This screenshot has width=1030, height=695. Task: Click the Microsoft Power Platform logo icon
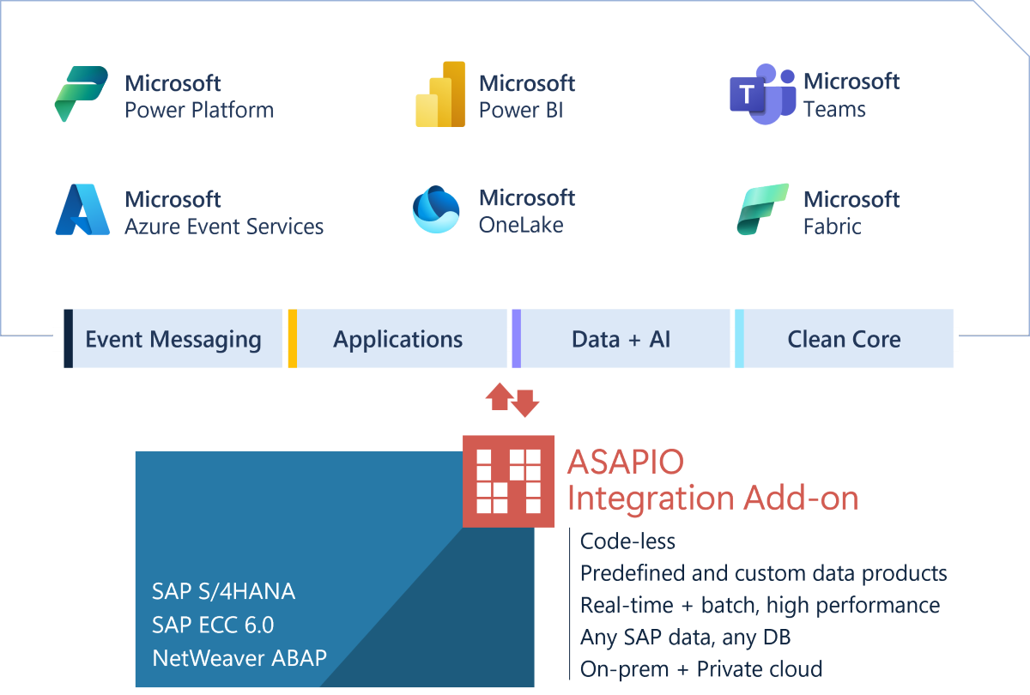(x=82, y=94)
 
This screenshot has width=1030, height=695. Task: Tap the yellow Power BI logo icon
(x=440, y=94)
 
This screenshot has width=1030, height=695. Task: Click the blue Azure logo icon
(x=82, y=210)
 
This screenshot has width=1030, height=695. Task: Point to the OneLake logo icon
(x=436, y=210)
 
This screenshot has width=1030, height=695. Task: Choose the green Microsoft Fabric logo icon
(x=762, y=209)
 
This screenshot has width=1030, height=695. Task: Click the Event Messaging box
(x=173, y=339)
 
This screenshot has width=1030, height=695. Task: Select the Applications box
(x=397, y=339)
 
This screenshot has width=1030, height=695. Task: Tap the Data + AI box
(x=621, y=339)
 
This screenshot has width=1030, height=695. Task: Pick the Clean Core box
(x=844, y=339)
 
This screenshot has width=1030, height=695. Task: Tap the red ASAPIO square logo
(x=509, y=480)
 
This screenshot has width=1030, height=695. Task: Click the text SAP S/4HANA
(x=223, y=591)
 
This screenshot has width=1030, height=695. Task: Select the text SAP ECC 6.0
(x=213, y=625)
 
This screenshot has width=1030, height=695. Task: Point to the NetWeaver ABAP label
(x=239, y=658)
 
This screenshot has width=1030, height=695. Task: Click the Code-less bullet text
(x=627, y=541)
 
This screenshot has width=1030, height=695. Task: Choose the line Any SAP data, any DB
(x=685, y=638)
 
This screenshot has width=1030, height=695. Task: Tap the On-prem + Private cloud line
(x=701, y=669)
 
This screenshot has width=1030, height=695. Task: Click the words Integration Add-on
(x=712, y=498)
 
